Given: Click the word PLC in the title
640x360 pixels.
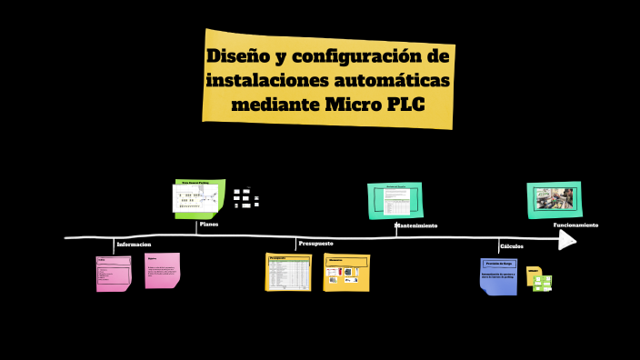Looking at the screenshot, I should pyautogui.click(x=401, y=105).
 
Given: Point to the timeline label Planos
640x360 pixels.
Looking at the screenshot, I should pyautogui.click(x=209, y=224).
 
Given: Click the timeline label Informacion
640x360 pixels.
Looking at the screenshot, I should pyautogui.click(x=134, y=245).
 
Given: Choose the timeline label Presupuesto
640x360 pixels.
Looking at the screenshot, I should pyautogui.click(x=315, y=244).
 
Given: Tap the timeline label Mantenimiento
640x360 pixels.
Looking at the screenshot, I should pyautogui.click(x=415, y=225).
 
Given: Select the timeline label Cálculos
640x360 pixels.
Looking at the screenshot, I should pyautogui.click(x=512, y=245).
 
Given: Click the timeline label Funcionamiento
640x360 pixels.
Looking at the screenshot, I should pyautogui.click(x=575, y=225).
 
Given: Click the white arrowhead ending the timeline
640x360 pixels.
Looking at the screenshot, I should pyautogui.click(x=567, y=239).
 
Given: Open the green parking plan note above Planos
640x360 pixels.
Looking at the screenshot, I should pyautogui.click(x=199, y=198).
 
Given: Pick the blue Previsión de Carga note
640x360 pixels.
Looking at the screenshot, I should pyautogui.click(x=498, y=275).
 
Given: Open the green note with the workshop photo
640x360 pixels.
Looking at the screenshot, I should pyautogui.click(x=554, y=199).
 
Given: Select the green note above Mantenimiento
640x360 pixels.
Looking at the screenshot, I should pyautogui.click(x=395, y=200).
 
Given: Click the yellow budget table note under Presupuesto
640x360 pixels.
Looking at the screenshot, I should pyautogui.click(x=288, y=272).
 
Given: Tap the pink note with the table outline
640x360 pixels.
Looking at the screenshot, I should pyautogui.click(x=114, y=274).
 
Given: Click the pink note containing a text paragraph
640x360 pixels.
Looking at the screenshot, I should pyautogui.click(x=162, y=270).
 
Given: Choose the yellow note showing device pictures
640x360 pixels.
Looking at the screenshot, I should pyautogui.click(x=346, y=273).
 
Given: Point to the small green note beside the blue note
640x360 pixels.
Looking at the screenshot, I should pyautogui.click(x=542, y=283).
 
